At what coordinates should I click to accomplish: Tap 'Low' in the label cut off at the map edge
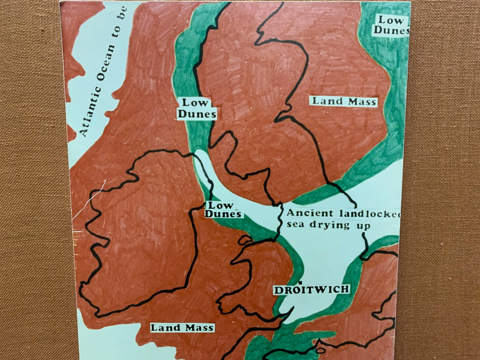390,20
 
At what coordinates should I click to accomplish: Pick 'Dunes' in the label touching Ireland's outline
223,214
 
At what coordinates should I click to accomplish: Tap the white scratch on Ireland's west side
89,200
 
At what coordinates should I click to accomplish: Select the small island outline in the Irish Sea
245,240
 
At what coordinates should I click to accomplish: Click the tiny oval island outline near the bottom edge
320,350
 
